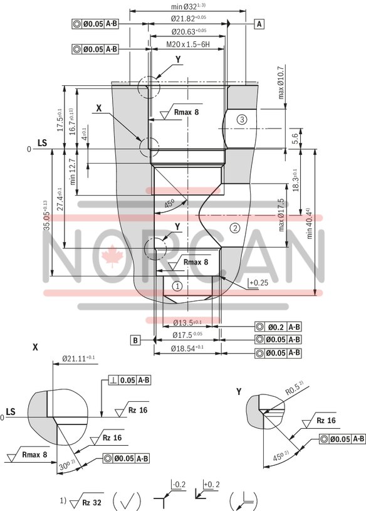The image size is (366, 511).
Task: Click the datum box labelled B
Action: [135, 340]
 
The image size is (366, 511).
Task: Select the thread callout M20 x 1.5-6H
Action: [187, 45]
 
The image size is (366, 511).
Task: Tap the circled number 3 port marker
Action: [243, 119]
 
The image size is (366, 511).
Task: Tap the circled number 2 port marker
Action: [235, 228]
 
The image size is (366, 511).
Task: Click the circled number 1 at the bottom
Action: [177, 286]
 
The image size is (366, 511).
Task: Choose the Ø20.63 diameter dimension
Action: [188, 31]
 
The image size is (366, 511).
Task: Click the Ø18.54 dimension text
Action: [187, 347]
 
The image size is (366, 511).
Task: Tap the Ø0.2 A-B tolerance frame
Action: [278, 327]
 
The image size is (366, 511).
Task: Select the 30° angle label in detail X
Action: [64, 467]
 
